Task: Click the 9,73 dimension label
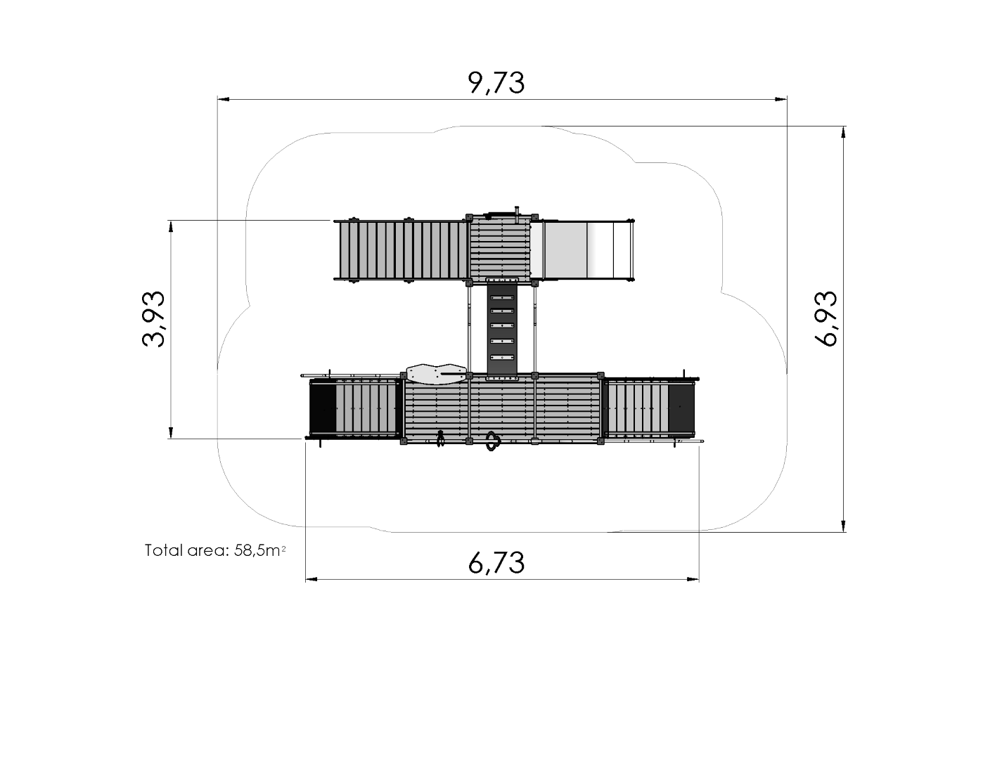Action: (x=496, y=83)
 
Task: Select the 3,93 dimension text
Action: (x=153, y=318)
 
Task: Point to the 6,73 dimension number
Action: (x=496, y=563)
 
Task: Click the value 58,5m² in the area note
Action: (x=259, y=550)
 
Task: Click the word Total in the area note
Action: (x=163, y=550)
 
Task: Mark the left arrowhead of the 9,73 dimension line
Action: (x=224, y=100)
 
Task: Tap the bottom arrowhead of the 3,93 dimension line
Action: (x=171, y=433)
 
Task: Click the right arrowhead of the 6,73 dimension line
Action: (x=693, y=579)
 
